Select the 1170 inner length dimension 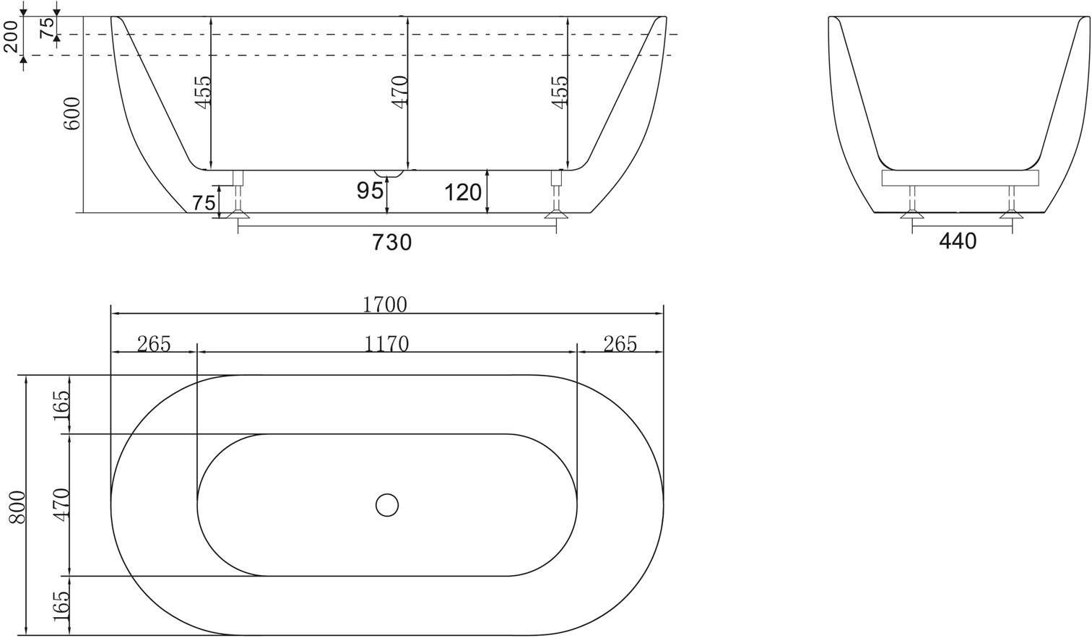click(386, 343)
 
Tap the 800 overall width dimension click(17, 506)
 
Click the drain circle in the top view click(387, 504)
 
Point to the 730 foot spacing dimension click(391, 242)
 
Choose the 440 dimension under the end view click(957, 241)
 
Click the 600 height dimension click(71, 113)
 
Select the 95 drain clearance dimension click(370, 191)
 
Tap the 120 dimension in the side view click(463, 192)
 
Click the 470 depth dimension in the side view click(400, 92)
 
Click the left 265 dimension click(153, 344)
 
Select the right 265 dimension click(620, 344)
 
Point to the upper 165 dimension click(61, 405)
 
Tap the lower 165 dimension click(61, 605)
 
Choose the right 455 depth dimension click(560, 92)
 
